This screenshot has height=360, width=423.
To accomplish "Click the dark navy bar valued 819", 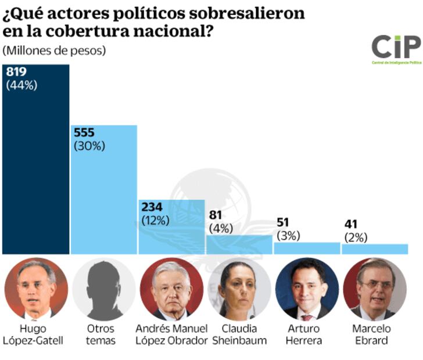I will click(x=36, y=168).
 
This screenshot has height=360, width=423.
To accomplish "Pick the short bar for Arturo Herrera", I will click(x=307, y=248).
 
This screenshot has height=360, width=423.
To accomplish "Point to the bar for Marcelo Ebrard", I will click(x=375, y=249).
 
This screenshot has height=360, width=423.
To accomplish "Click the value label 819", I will click(x=16, y=72).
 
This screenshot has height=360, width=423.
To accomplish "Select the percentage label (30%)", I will click(x=89, y=146).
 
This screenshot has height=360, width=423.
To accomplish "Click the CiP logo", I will click(x=396, y=48).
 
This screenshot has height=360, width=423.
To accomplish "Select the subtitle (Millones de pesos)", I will click(x=55, y=51).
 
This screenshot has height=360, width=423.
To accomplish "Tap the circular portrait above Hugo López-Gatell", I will click(x=36, y=289).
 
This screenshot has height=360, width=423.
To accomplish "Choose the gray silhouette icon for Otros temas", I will click(x=104, y=289).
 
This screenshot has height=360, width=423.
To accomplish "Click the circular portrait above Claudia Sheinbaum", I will click(x=239, y=289).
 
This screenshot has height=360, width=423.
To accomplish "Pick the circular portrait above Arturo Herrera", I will click(x=307, y=289).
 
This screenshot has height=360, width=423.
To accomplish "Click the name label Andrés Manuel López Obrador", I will click(x=171, y=334).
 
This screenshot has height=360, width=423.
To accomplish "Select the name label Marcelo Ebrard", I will click(x=375, y=334).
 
